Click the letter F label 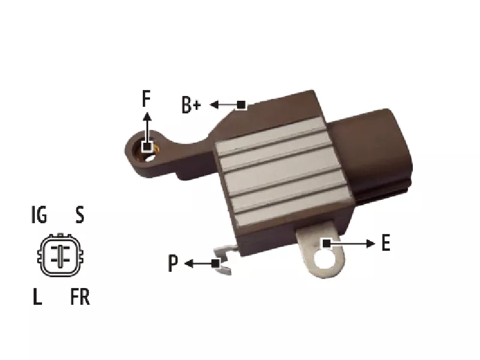click(146, 98)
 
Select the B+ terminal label click(191, 105)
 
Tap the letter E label click(386, 243)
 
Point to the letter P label click(173, 263)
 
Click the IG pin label click(39, 214)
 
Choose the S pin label click(80, 215)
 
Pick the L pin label click(37, 296)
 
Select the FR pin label click(80, 296)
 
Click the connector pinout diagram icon click(61, 256)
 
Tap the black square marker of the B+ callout click(241, 105)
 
